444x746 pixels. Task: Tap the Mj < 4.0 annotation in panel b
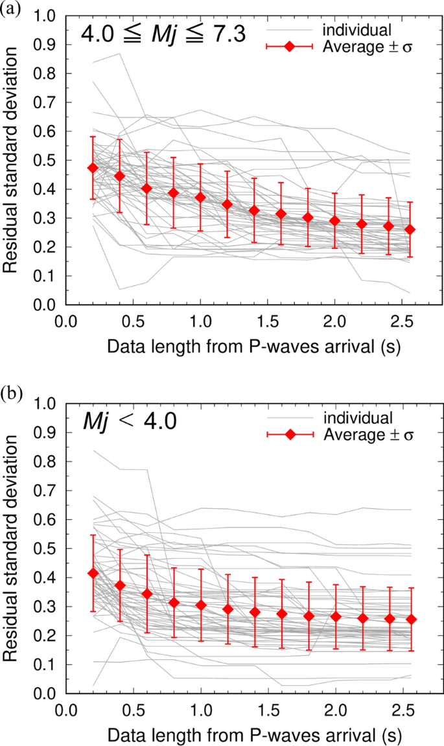pos(122,421)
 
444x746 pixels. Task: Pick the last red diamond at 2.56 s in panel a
pos(410,229)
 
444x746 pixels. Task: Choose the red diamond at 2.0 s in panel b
pos(334,616)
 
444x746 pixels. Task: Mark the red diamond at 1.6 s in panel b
pos(281,613)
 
